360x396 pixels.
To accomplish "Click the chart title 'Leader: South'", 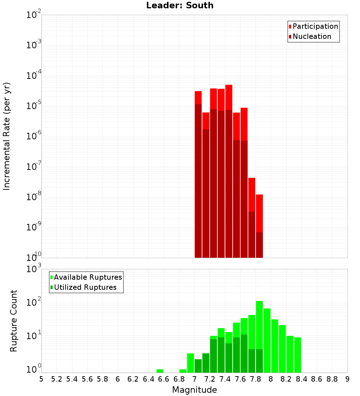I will [x=180, y=5].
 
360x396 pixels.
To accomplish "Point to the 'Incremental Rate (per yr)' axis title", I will [x=7, y=136].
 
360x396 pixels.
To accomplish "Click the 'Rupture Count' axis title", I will [x=14, y=320].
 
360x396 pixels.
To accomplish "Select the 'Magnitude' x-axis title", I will [x=194, y=390].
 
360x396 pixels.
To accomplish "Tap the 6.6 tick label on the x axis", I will [x=164, y=379].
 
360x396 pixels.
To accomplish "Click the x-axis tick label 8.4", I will [x=301, y=379].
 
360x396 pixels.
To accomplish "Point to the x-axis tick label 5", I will [x=41, y=379].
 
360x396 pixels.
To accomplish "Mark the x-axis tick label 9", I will [x=347, y=379].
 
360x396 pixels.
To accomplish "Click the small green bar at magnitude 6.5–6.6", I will [x=160, y=371].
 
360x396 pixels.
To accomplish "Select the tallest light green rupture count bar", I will [x=259, y=324].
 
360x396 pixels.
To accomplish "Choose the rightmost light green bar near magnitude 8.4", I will [x=297, y=355].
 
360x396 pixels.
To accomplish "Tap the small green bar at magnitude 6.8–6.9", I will [x=183, y=371].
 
